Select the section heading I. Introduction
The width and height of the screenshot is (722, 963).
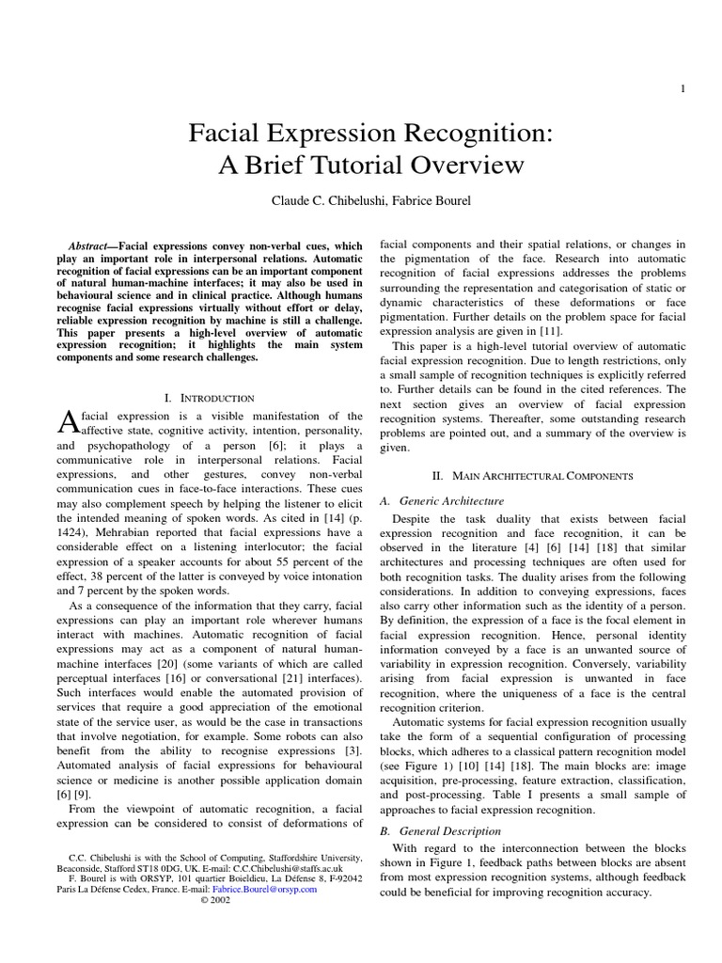[209, 399]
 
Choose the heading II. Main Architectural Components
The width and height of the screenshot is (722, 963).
[531, 477]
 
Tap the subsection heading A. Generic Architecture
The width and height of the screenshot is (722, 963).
[441, 500]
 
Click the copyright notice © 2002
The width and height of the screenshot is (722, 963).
[215, 900]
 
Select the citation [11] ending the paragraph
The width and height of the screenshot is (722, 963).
[548, 329]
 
